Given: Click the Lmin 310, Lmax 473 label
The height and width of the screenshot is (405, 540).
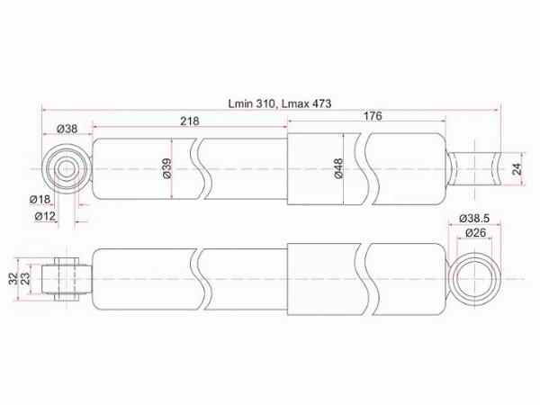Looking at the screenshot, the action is (280, 103).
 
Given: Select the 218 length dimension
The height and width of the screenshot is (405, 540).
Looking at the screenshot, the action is (190, 121).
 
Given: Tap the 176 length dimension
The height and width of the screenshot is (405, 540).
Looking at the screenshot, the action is (373, 116).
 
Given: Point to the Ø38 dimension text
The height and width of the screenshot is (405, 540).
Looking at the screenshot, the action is (67, 129).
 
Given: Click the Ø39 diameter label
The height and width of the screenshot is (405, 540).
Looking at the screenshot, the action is (166, 168).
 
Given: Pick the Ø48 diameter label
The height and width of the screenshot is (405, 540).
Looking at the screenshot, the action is (339, 168).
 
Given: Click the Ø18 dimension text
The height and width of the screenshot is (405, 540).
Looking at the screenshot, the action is (40, 199).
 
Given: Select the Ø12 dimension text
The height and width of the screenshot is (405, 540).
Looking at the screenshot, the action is (45, 216).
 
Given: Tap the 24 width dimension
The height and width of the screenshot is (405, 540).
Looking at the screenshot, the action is (517, 169).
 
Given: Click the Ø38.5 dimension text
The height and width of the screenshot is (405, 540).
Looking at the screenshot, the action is (474, 218).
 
